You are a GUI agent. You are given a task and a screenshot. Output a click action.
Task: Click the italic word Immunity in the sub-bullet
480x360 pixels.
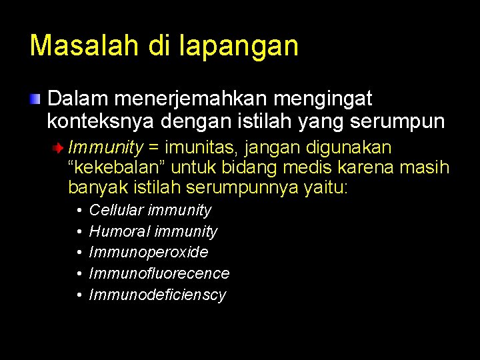pos(105,147)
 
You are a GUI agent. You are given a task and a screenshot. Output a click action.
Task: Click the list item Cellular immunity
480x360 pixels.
pos(150,210)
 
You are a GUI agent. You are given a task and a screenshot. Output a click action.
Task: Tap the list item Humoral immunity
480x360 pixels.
pos(153,231)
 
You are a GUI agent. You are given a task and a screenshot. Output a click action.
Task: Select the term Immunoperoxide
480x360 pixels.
pos(149,252)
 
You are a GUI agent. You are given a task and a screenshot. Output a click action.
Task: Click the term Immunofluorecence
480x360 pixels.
pos(159,273)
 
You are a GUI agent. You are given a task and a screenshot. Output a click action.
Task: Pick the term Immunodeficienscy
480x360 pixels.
pos(157,295)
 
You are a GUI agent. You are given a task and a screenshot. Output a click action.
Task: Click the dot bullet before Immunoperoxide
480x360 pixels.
pos(79,253)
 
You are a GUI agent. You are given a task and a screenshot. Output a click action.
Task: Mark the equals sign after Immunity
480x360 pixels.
pos(154,147)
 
